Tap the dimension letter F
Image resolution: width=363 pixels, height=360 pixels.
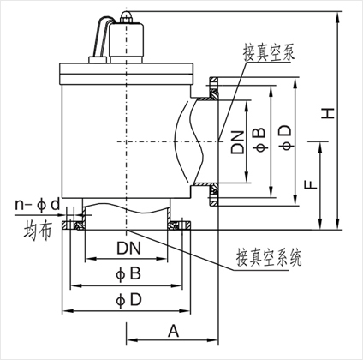[311, 184]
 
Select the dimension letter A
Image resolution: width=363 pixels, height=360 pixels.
[173, 331]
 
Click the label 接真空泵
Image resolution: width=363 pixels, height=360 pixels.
[269, 53]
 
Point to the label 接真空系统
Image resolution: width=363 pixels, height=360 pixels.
[269, 257]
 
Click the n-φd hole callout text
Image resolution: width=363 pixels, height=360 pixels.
[38, 205]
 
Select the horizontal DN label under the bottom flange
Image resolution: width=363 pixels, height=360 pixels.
[128, 248]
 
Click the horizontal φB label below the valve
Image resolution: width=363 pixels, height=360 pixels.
[128, 273]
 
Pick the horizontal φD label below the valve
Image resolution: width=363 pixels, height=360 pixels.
[128, 300]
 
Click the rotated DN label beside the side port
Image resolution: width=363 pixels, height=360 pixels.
[238, 142]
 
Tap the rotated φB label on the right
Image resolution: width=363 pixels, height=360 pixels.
[259, 139]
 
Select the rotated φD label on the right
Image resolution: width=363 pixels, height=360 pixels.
[286, 138]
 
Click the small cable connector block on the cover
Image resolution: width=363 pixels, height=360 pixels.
[98, 59]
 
